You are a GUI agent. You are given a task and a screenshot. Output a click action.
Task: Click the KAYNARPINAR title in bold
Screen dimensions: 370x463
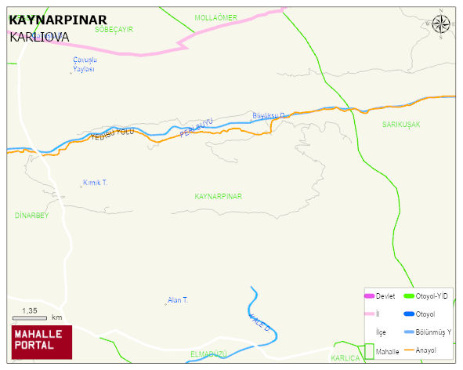(x=57, y=20)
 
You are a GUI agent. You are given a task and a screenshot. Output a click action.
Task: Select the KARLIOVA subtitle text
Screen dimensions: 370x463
(x=39, y=37)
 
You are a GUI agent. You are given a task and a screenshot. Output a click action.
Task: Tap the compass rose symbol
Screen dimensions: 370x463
(x=442, y=25)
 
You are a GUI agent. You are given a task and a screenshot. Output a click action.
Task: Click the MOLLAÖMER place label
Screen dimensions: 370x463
(x=215, y=17)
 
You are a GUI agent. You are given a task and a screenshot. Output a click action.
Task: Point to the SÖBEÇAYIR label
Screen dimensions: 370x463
(x=114, y=29)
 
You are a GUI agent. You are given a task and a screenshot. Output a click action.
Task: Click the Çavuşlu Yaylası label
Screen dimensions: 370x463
(x=84, y=64)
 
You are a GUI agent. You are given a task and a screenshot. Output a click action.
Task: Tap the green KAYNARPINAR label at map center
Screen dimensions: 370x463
(x=218, y=196)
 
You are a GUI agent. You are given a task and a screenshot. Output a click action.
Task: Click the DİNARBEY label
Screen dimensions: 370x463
(x=32, y=215)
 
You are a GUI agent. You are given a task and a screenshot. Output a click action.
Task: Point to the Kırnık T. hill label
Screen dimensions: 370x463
(x=95, y=183)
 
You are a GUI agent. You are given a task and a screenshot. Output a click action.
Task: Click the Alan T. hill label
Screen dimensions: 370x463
(x=178, y=300)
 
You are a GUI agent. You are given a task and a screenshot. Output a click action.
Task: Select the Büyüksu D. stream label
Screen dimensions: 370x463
(x=269, y=116)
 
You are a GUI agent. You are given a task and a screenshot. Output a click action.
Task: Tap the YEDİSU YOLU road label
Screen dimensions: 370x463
(x=113, y=135)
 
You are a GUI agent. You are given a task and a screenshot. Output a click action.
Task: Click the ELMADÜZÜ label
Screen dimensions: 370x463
(x=208, y=355)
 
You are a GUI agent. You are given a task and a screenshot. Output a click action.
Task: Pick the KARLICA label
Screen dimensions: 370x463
(x=345, y=358)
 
